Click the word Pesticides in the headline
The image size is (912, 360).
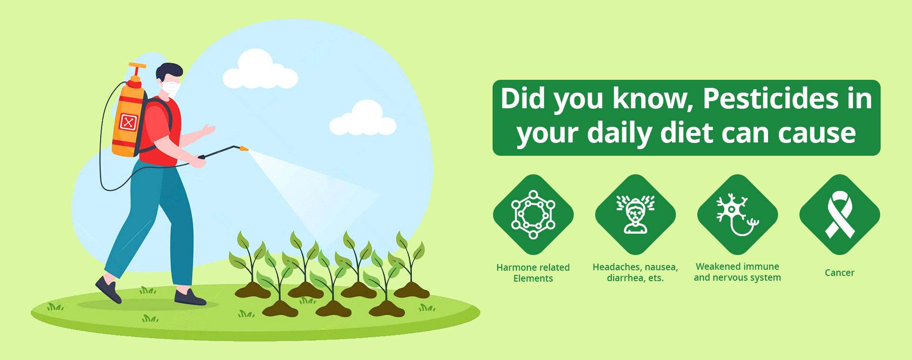770,99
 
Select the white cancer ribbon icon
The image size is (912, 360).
840,214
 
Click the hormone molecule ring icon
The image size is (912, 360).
533,215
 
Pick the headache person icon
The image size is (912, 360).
636,214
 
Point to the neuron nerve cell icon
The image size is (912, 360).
737,214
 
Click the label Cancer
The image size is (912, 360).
839,273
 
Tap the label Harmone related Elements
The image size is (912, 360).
533,273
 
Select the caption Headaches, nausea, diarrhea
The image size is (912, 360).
635,273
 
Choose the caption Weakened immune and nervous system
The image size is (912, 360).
737,272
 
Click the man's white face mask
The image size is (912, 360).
171,88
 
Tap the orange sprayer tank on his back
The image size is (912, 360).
128,119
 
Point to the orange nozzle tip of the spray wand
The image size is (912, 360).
244,149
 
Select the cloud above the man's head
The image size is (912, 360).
260,70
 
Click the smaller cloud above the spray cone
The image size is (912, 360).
362,118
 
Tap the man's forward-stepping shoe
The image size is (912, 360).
190,298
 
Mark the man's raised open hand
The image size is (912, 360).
209,129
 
